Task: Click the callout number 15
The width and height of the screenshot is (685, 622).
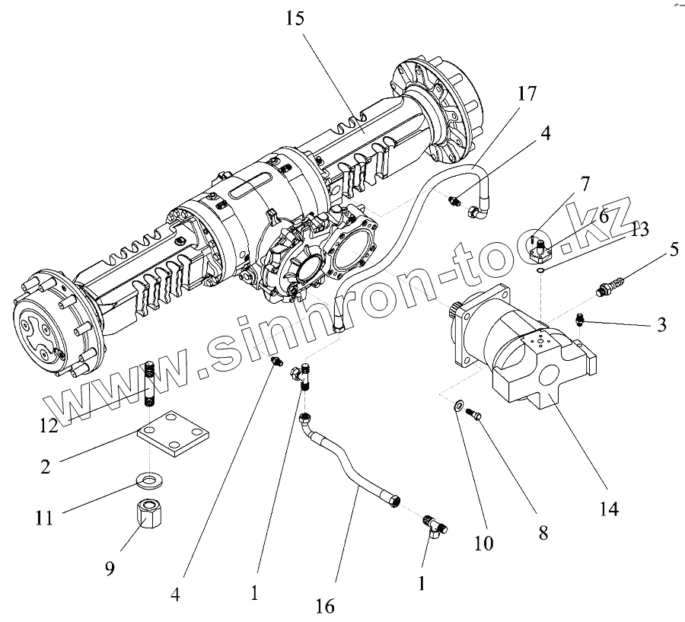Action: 295,18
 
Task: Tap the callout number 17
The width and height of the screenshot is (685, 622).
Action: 526,94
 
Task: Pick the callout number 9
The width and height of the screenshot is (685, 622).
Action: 110,569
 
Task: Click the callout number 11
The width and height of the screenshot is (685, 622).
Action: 44,518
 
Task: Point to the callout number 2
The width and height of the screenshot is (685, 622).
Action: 46,466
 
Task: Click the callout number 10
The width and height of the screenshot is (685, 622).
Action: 484,543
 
